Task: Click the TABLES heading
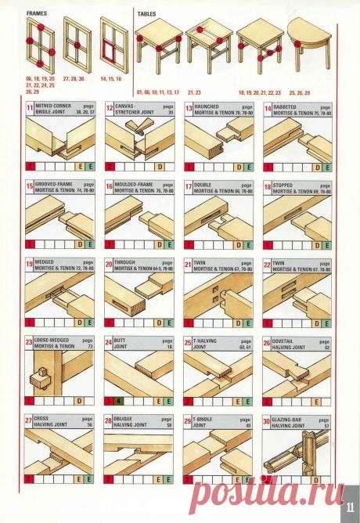(146, 14)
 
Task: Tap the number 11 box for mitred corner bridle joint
(31, 108)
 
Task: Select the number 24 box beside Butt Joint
(110, 342)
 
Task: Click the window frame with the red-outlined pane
(114, 43)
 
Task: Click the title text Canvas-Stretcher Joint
(131, 109)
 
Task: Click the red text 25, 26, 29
(304, 92)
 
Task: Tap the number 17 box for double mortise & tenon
(189, 186)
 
